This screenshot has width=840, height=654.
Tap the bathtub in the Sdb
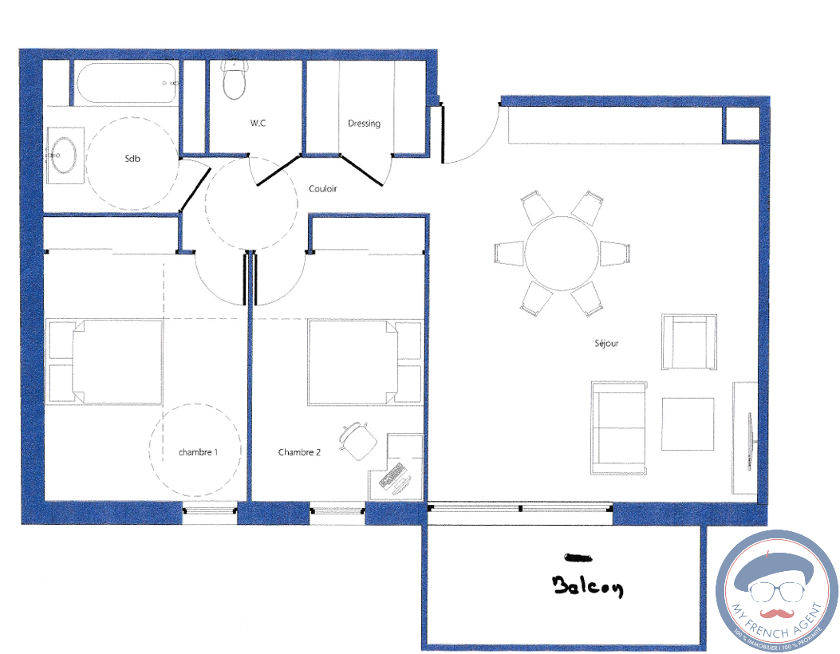[126, 83]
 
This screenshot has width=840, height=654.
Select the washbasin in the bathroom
[65, 156]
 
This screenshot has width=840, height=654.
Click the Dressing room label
[364, 124]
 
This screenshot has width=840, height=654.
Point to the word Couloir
[322, 188]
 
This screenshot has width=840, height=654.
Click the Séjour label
[606, 343]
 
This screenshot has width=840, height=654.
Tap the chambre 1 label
[198, 452]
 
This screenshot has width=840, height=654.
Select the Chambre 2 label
[299, 452]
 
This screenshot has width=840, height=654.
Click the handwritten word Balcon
[587, 585]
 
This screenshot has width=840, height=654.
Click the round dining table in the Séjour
[562, 253]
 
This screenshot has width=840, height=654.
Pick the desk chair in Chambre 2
[358, 441]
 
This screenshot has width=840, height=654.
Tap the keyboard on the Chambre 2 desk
[391, 475]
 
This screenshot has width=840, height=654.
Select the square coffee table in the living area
[688, 424]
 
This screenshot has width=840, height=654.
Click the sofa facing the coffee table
[619, 428]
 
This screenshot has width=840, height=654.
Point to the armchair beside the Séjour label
[689, 341]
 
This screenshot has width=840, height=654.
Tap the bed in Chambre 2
[365, 362]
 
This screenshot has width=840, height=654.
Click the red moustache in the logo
[775, 613]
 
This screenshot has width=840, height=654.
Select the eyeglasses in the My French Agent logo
[777, 591]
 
